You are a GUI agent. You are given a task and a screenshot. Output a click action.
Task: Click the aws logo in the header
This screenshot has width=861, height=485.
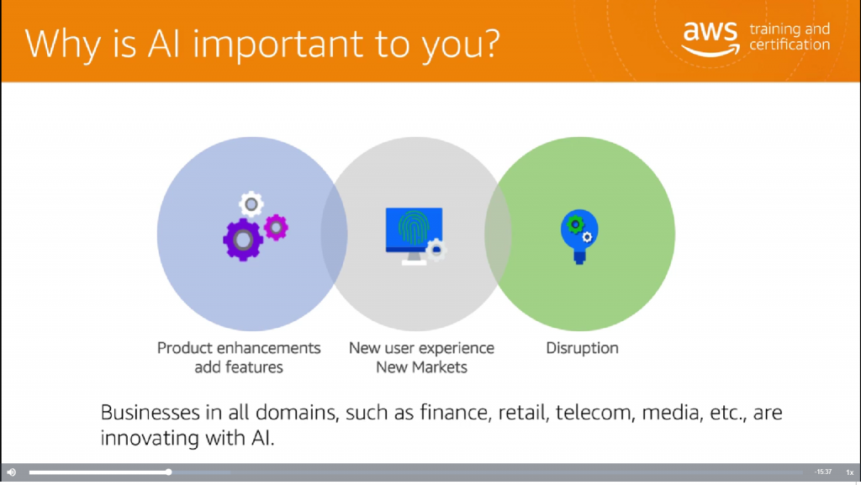pos(710,39)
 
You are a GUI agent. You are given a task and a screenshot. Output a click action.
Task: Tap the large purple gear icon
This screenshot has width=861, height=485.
pos(243,240)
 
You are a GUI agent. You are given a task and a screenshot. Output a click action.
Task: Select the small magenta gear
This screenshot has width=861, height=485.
pos(276,227)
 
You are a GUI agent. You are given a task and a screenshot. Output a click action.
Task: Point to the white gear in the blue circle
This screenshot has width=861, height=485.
pos(251,204)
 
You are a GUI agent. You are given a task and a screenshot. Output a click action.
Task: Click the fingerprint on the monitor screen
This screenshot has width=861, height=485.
pos(414,228)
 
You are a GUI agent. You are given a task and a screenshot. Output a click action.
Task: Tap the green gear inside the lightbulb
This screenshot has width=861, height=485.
pos(574,224)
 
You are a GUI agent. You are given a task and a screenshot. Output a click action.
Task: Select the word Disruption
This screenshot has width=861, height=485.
pos(582,348)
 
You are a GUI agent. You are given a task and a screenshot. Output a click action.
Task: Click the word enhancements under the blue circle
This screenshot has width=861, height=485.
pos(268,348)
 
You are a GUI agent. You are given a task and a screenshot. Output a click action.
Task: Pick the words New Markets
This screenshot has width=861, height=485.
pos(421,367)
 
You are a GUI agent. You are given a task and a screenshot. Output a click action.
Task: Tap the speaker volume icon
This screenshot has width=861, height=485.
pos(12,472)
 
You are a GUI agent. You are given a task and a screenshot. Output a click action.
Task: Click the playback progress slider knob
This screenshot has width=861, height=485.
pos(168,472)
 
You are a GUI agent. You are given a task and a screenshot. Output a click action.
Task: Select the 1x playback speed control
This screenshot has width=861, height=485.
pos(849,472)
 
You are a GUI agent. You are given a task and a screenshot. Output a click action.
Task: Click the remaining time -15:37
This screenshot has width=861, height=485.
pos(823,472)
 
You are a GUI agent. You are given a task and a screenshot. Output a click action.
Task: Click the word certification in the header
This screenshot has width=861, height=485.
pos(790,45)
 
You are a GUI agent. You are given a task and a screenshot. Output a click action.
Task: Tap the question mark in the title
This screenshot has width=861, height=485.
pos(491,43)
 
